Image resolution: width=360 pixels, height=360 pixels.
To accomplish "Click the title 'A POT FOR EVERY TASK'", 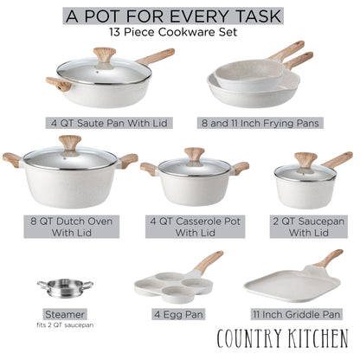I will tap(179, 15).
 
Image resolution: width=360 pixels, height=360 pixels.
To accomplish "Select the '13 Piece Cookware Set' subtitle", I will tap(179, 33).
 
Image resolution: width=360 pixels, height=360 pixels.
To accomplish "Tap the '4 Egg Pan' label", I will tap(177, 313).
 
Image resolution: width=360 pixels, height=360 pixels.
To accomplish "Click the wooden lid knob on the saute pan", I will tap(104, 54).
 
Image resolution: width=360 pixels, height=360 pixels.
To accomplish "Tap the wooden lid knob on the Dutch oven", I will tap(69, 141).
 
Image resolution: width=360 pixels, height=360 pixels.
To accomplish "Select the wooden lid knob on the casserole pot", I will tap(195, 154).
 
